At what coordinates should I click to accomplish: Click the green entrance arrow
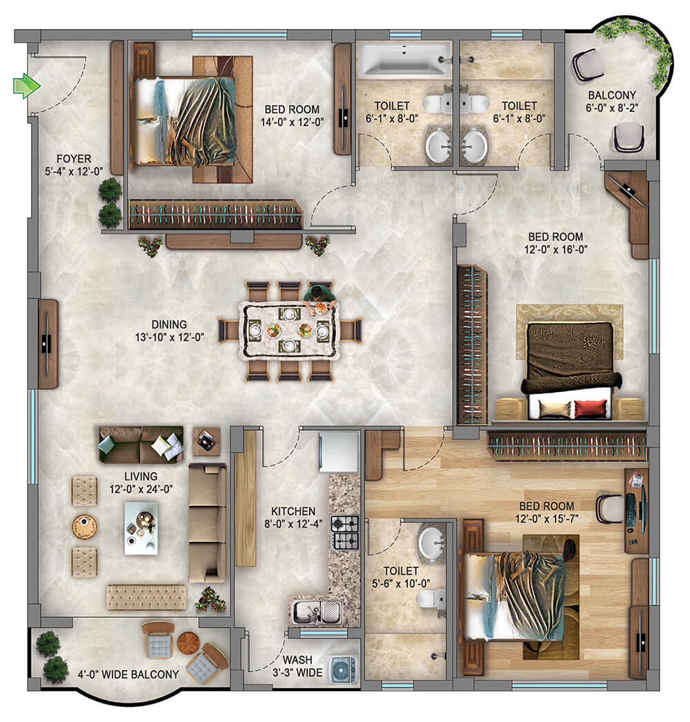[26, 86]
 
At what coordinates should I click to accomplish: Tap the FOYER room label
[74, 159]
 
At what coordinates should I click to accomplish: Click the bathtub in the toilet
[403, 59]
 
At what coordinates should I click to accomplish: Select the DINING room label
[169, 324]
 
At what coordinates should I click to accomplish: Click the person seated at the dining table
[319, 297]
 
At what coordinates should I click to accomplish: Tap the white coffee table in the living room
[141, 528]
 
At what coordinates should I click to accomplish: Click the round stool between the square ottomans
[84, 527]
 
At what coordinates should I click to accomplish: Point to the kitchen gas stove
[345, 533]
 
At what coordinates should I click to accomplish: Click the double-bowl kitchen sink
[317, 612]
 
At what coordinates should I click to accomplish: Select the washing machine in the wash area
[342, 670]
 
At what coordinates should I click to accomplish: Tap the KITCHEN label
[293, 511]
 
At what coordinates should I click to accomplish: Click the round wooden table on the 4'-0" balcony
[188, 643]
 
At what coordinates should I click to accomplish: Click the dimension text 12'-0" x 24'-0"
[141, 489]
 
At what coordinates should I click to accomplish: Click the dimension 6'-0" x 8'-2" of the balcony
[612, 108]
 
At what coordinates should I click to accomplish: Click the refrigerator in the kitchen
[339, 451]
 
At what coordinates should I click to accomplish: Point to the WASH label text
[297, 660]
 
